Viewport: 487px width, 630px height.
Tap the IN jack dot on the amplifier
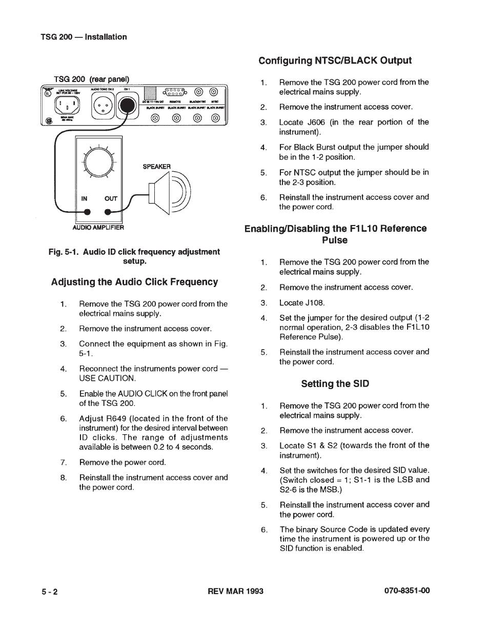click(88, 212)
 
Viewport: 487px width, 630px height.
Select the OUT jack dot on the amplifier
click(108, 212)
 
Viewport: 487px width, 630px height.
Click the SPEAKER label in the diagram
click(156, 167)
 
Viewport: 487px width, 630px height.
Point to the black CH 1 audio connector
click(127, 107)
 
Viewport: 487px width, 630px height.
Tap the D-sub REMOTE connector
click(176, 93)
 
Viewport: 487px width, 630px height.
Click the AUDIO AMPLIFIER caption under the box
click(98, 227)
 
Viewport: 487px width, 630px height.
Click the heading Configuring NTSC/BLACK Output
click(335, 60)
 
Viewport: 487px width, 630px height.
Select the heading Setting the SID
click(335, 383)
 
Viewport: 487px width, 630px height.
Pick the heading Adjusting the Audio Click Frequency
click(134, 282)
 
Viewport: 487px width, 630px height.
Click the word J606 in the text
click(318, 122)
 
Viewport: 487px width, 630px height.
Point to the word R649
click(117, 418)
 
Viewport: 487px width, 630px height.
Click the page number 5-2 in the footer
click(50, 592)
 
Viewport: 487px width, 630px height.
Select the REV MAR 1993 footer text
click(235, 591)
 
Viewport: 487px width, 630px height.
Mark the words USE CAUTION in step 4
click(107, 379)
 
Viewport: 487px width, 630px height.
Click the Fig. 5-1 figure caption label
click(64, 252)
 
